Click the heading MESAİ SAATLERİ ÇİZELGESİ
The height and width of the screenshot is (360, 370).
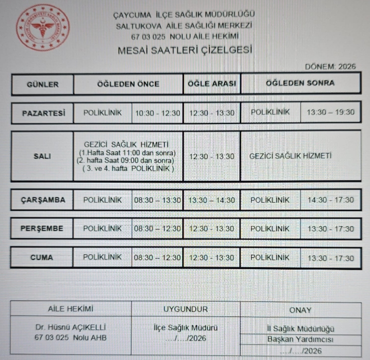pos(184,50)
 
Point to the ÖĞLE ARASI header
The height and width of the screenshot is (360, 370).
pos(212,84)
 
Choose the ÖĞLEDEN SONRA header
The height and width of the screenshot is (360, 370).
pos(300,83)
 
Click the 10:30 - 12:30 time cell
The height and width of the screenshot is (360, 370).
pos(158,113)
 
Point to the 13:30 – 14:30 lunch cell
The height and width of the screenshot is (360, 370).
pos(212,200)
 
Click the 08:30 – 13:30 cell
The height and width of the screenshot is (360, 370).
pos(158,200)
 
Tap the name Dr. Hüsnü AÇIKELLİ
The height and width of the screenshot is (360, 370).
pos(70,328)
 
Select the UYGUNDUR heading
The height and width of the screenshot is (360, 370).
pos(185,309)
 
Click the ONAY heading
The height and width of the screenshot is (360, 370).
pos(300,310)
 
